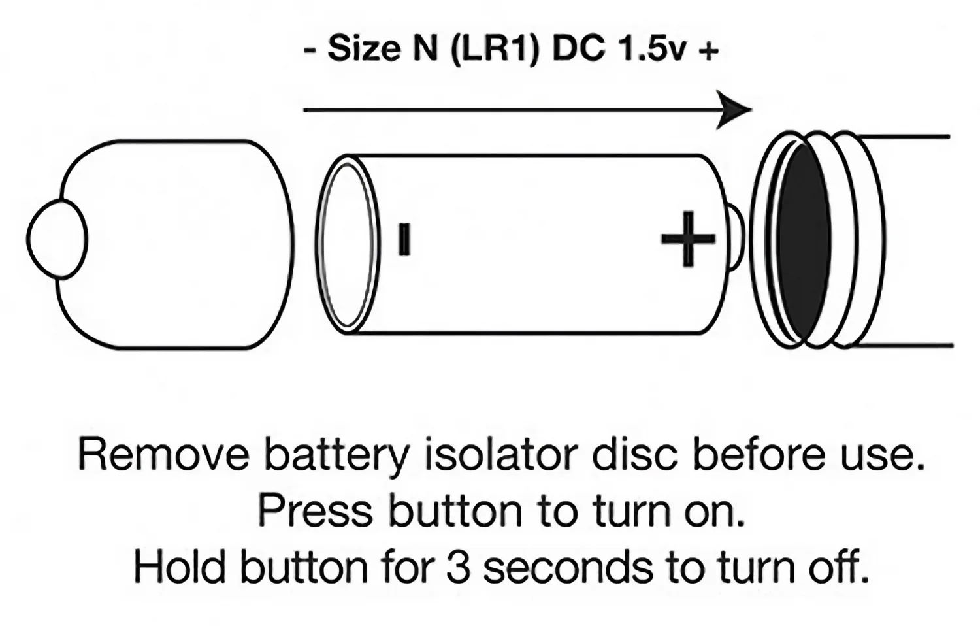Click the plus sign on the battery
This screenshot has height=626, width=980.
coord(687,239)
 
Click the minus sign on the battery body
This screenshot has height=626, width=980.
coord(404,239)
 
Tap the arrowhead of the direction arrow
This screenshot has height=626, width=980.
coord(736,110)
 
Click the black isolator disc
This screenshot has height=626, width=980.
coord(804,242)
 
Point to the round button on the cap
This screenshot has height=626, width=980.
coord(57,239)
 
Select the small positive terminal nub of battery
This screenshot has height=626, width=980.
coord(734,239)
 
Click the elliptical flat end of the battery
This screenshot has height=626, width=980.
coord(348,244)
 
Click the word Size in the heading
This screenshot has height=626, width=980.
coord(365,49)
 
